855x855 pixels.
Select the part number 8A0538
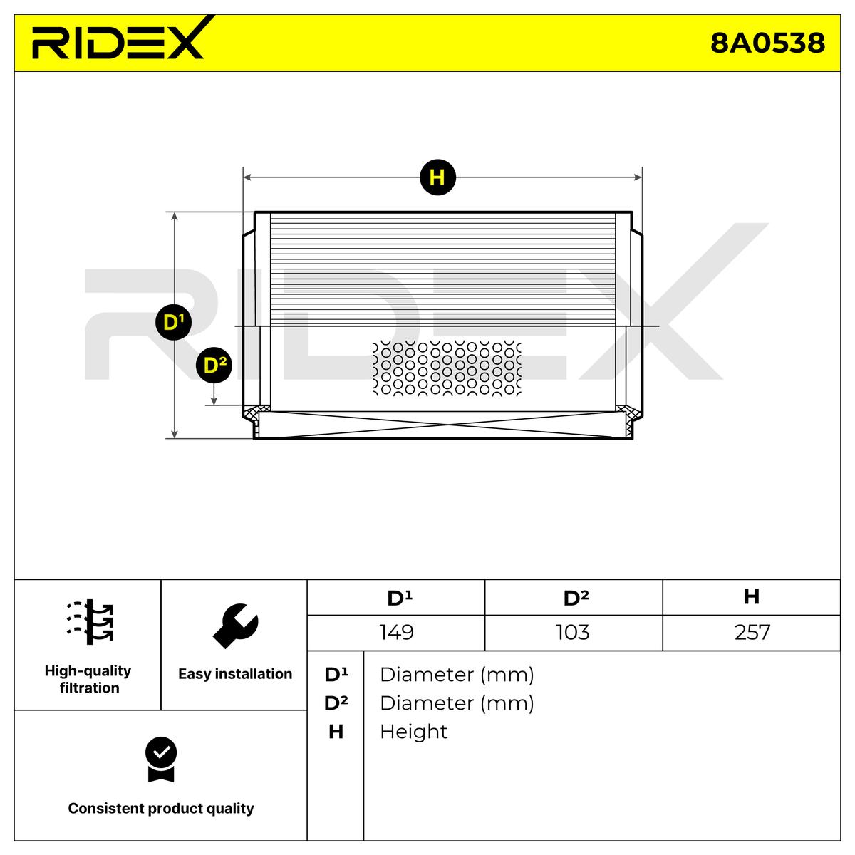point(767,43)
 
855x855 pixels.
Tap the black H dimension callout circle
point(437,177)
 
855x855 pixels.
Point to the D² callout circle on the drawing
point(214,366)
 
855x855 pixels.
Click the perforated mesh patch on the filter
point(447,368)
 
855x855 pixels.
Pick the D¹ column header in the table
point(399,598)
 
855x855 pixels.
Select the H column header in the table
point(751,596)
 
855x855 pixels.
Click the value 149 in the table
point(397,633)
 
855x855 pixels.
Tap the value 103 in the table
point(573,633)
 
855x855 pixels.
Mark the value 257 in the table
point(752,633)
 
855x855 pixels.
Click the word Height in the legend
point(413,732)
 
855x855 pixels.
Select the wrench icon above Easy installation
point(235,626)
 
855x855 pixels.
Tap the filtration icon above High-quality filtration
point(90,622)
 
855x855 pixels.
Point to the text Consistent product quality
point(161,809)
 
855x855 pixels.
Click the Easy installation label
point(235,674)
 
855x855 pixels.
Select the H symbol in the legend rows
point(336,732)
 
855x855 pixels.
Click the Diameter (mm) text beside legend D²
point(457,703)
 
